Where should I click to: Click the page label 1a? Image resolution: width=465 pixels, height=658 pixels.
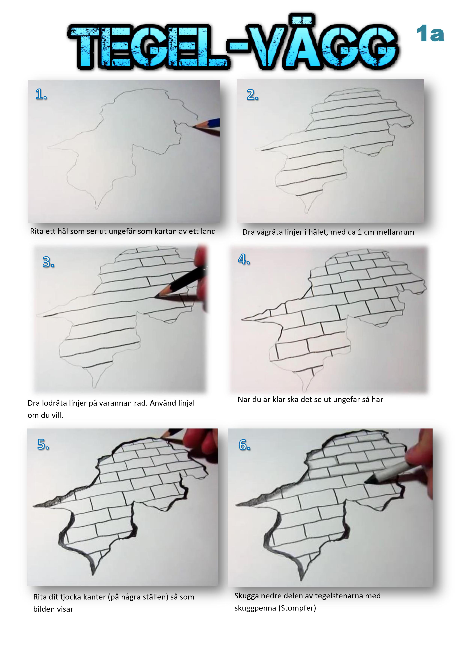[430, 34]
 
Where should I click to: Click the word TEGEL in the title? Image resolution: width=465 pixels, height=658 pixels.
[149, 47]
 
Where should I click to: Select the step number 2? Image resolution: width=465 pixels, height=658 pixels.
[252, 95]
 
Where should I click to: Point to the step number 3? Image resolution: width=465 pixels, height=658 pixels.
[48, 262]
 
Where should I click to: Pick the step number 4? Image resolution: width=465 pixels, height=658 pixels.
[244, 259]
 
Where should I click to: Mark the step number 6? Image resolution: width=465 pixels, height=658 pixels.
[244, 445]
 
